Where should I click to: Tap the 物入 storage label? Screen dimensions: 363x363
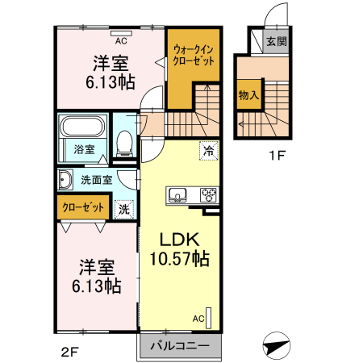coord(248,95)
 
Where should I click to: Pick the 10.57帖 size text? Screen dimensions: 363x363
coord(179,260)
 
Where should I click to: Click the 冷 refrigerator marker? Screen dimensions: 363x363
coord(208,150)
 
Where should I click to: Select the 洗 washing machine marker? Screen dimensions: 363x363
coord(123,207)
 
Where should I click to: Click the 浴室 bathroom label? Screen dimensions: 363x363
coord(85,149)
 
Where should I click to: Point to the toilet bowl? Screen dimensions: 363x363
coord(125,145)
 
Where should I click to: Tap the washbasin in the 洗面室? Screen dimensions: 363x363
coord(65,178)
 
